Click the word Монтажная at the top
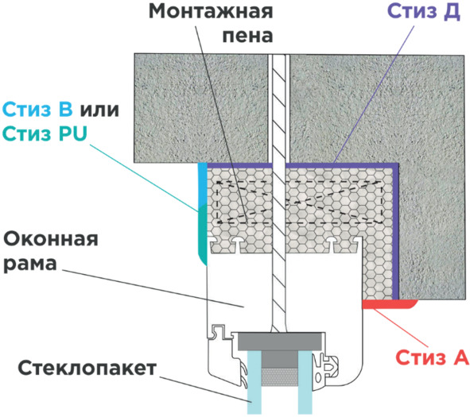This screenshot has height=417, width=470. pyautogui.click(x=211, y=11)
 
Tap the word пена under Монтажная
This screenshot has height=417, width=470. pyautogui.click(x=247, y=37)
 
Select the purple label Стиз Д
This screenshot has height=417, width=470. pyautogui.click(x=424, y=12)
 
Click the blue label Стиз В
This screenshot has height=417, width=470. pyautogui.click(x=37, y=109)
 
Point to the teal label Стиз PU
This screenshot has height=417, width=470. pyautogui.click(x=45, y=133)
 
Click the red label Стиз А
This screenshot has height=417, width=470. pyautogui.click(x=432, y=357)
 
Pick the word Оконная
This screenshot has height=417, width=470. pyautogui.click(x=51, y=240)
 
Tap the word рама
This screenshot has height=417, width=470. pyautogui.click(x=30, y=264)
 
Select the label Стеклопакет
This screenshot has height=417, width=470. pyautogui.click(x=87, y=368)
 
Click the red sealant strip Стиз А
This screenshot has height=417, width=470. pyautogui.click(x=389, y=304)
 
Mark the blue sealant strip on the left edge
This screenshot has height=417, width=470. pyautogui.click(x=203, y=186)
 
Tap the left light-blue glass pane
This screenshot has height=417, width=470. pyautogui.click(x=254, y=382)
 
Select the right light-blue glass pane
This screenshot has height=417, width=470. pyautogui.click(x=305, y=382)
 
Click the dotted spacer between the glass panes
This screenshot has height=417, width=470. pyautogui.click(x=280, y=377)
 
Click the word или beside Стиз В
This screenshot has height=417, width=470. pyautogui.click(x=99, y=110)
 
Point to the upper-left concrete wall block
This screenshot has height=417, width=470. pyautogui.click(x=200, y=108)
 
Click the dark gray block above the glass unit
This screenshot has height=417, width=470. pyautogui.click(x=280, y=342)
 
